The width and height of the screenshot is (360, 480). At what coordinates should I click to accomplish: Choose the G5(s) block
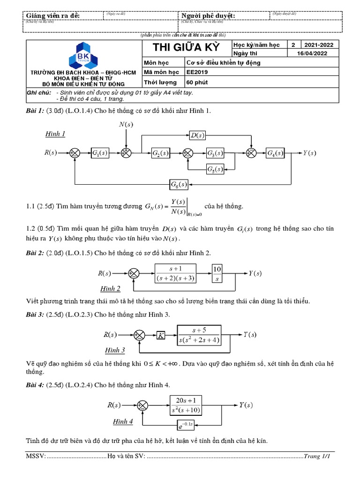click(215, 169)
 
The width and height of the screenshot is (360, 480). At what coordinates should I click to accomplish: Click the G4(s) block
click(275, 153)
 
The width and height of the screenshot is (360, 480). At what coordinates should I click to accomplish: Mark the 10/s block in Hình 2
click(217, 273)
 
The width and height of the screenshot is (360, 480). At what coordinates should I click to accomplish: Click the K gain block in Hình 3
click(161, 335)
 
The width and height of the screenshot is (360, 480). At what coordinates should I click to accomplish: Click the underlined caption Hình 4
click(123, 421)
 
